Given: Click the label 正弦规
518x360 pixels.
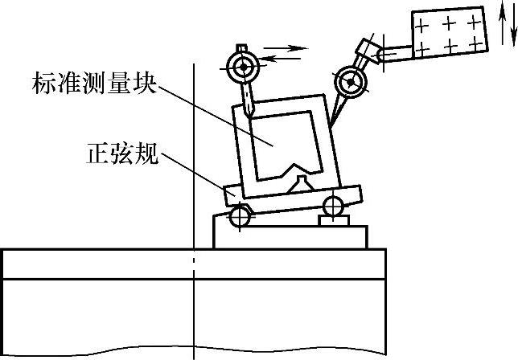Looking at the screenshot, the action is pos(121,153).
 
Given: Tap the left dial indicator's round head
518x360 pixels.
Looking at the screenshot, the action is pos(240,67).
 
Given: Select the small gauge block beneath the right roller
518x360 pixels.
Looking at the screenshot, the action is pos(333,219).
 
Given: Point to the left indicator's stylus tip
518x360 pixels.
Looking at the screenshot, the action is pos(251,112).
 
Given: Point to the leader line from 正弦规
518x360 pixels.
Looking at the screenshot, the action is pos(193,172).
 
